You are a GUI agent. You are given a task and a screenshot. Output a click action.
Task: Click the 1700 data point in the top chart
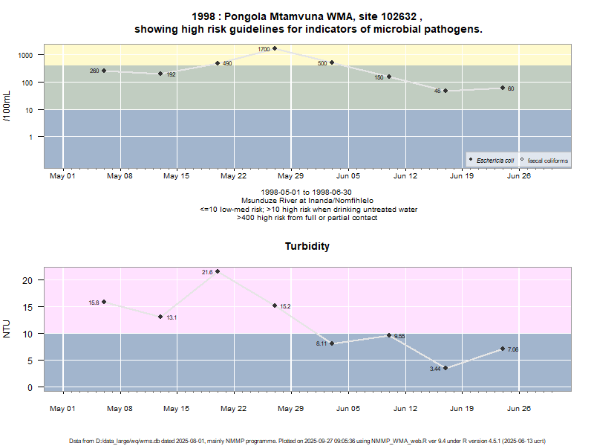[275, 48]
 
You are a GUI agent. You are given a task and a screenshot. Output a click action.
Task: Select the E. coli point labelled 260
[104, 71]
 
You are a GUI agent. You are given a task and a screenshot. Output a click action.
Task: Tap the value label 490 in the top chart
[227, 64]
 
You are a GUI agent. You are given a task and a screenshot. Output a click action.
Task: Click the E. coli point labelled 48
[446, 91]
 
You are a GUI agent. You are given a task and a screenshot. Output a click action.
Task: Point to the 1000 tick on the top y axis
[25, 55]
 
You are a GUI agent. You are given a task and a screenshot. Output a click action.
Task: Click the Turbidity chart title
[307, 246]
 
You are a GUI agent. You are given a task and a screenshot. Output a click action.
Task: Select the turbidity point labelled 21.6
[218, 271]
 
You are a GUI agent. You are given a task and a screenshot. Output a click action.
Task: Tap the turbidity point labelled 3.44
[446, 367]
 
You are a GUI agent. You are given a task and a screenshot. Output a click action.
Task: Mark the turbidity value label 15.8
[94, 303]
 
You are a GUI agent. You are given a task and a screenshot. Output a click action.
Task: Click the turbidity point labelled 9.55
[388, 335]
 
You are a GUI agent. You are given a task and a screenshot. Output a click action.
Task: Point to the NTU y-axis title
[7, 328]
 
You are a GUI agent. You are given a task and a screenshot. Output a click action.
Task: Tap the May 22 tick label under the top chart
[233, 176]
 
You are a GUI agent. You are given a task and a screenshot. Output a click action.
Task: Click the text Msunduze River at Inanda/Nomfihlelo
[307, 201]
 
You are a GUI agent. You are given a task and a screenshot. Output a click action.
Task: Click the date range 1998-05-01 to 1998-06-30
[307, 193]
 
